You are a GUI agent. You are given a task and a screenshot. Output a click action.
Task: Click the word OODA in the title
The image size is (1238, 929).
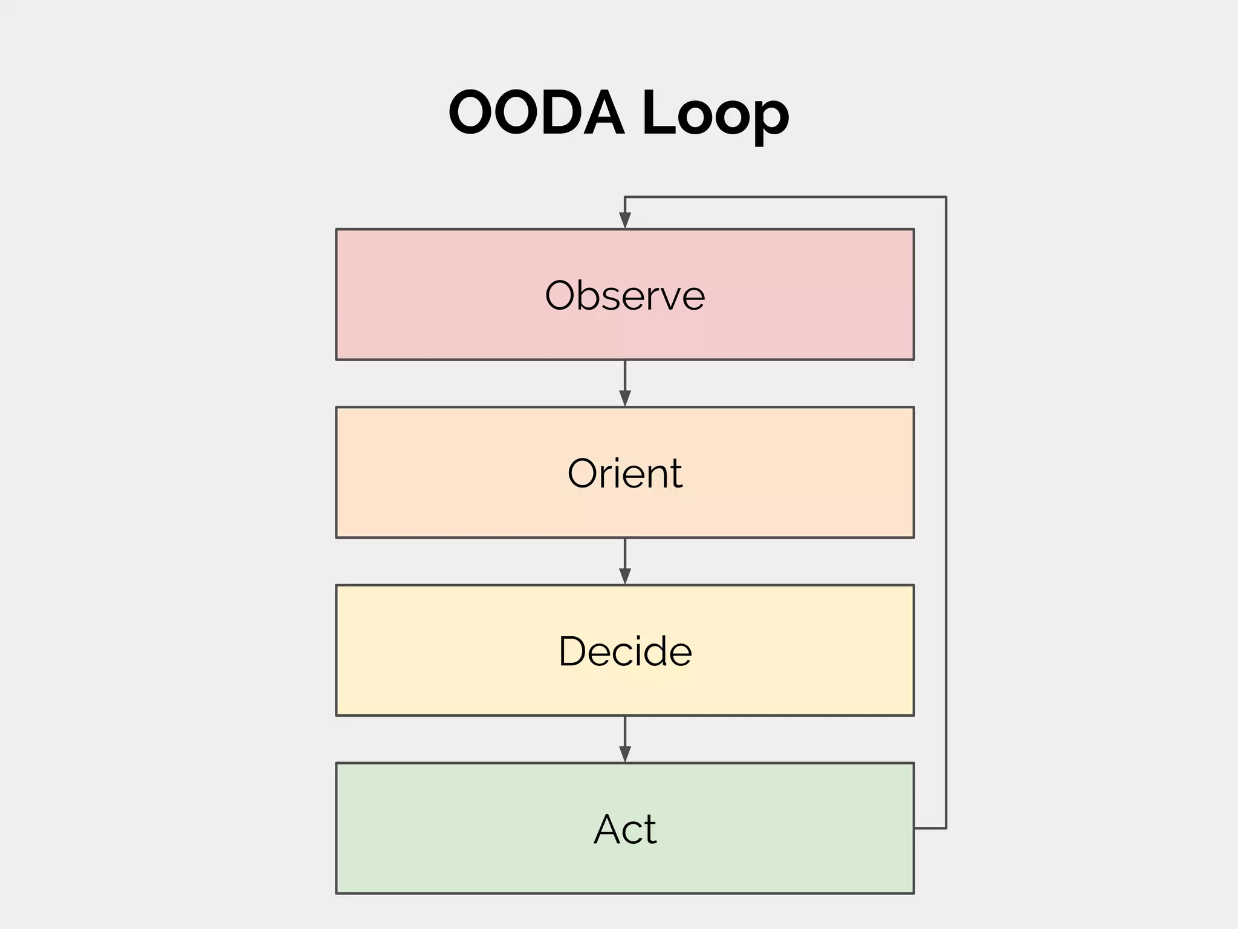click(536, 113)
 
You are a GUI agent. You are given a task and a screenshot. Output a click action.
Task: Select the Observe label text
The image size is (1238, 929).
click(624, 296)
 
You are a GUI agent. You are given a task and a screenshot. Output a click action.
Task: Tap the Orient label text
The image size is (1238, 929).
click(624, 473)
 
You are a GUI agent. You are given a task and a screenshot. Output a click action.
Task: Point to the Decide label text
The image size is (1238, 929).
click(624, 651)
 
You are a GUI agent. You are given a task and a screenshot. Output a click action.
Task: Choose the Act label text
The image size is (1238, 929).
click(624, 829)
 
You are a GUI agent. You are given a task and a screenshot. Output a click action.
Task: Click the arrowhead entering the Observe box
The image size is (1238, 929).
click(625, 221)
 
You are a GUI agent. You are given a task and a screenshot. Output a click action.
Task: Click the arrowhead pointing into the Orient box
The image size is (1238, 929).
click(625, 399)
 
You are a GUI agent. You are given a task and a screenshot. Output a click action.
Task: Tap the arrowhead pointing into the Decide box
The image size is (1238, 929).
click(625, 576)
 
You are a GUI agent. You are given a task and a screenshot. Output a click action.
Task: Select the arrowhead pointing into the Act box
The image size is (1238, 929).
click(625, 754)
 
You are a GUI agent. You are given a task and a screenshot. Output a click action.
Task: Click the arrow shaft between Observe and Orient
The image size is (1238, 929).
click(625, 375)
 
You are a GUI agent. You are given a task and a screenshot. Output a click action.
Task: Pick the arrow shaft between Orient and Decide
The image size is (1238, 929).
click(625, 553)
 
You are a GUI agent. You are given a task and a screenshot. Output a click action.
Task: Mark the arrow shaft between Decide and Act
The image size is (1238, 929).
click(625, 731)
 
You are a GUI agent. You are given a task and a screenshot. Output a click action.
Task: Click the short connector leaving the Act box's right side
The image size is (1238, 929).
click(930, 828)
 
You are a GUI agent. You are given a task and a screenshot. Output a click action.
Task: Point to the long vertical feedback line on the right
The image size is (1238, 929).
click(946, 514)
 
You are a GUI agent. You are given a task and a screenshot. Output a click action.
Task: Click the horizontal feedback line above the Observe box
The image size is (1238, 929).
click(786, 197)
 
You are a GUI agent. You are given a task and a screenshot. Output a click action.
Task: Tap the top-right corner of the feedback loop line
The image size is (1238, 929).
click(946, 197)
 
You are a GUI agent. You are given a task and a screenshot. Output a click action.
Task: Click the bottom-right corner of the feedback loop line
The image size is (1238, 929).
click(946, 828)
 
